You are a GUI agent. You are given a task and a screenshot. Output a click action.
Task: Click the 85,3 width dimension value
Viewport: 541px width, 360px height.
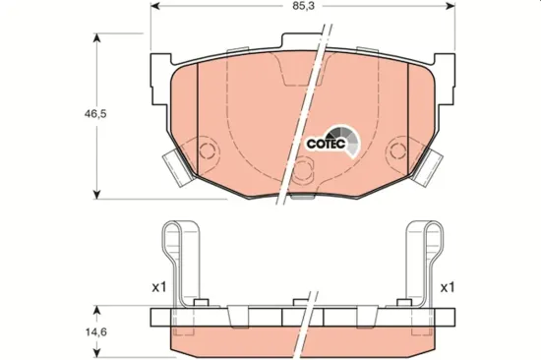(x=304, y=6)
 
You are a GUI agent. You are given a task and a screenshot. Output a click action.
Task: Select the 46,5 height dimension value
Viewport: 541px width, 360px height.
(x=95, y=113)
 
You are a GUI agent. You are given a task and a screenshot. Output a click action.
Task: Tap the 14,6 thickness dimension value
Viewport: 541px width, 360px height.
(x=95, y=332)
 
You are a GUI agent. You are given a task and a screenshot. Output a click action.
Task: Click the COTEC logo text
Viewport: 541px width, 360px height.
(x=326, y=144)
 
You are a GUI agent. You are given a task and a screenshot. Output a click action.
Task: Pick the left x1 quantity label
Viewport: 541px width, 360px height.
(x=159, y=287)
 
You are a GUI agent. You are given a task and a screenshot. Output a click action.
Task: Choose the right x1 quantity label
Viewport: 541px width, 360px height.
(x=448, y=287)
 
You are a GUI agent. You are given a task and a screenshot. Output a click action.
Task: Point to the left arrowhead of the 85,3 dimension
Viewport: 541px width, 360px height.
(x=155, y=6)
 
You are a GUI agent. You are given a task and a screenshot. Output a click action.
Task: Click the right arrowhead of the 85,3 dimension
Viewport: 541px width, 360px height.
(x=451, y=6)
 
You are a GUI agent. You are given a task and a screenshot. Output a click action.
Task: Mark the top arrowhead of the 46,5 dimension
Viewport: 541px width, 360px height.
(x=97, y=37)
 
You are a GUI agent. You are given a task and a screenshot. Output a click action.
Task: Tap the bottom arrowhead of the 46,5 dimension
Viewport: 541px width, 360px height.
(x=97, y=195)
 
